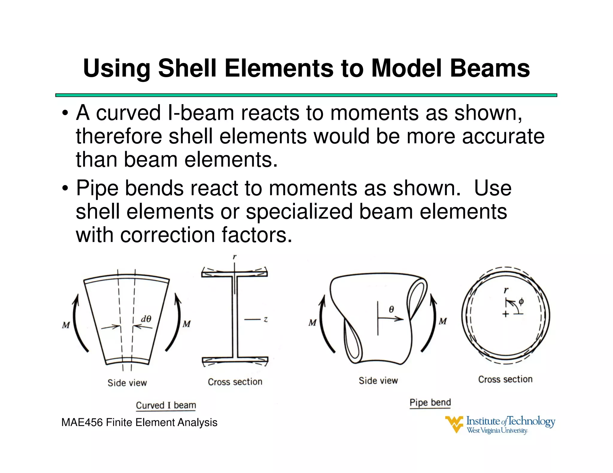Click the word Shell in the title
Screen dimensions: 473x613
[x=187, y=68]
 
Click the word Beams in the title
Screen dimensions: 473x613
[x=490, y=68]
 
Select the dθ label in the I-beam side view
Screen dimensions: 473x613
[x=146, y=319]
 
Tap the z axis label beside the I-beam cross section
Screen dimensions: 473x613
[x=265, y=320]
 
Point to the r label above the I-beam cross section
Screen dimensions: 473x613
[x=235, y=257]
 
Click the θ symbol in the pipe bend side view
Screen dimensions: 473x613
[x=391, y=309]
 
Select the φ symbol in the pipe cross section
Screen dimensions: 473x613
[x=521, y=301]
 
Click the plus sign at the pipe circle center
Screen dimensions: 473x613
[x=506, y=314]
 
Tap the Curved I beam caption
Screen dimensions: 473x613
[x=166, y=405]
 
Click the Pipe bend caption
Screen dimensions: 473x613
[x=430, y=402]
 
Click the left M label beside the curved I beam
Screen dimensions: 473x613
[x=66, y=325]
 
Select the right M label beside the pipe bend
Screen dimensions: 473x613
[x=443, y=322]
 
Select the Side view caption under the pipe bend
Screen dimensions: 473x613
[x=378, y=381]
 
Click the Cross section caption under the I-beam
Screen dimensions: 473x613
[x=235, y=382]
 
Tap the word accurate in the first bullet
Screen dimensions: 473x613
[x=503, y=136]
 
